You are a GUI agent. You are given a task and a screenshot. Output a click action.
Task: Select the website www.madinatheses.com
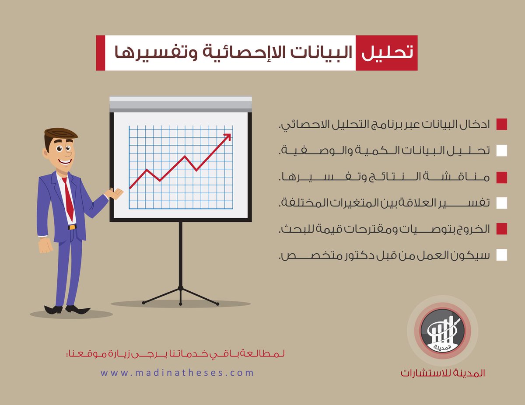coord(177,373)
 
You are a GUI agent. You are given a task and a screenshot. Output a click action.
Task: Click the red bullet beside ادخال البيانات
coord(501,124)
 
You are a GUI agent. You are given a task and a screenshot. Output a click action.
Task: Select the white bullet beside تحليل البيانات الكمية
coord(501,151)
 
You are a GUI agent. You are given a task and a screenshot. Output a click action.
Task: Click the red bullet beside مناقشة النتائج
coord(501,177)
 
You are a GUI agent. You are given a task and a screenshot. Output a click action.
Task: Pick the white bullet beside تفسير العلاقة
coord(501,203)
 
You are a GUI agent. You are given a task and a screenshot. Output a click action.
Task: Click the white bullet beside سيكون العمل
coord(501,255)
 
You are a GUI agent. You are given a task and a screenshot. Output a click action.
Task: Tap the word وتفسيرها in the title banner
coord(144,53)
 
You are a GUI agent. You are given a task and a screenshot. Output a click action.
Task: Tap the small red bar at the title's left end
coord(100,53)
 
